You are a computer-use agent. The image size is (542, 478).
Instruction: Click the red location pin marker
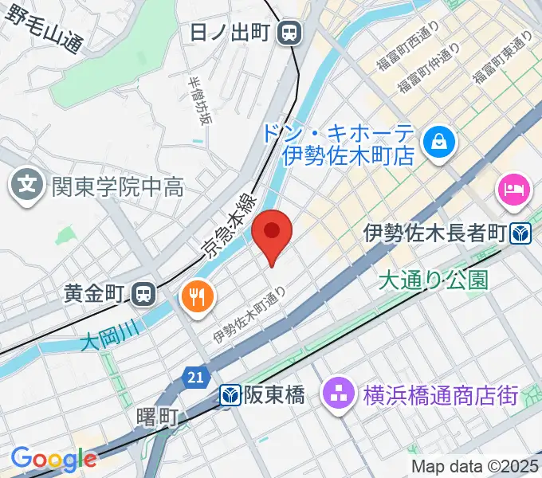pyautogui.click(x=272, y=233)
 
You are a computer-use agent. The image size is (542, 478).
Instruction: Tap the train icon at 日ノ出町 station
pyautogui.click(x=290, y=33)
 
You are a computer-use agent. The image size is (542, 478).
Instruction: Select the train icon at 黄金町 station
pyautogui.click(x=143, y=294)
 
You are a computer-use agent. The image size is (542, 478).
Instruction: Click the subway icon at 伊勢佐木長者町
pyautogui.click(x=520, y=233)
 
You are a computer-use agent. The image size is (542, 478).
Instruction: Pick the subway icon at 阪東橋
pyautogui.click(x=230, y=395)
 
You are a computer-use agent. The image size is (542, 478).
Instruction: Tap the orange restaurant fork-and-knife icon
pyautogui.click(x=196, y=296)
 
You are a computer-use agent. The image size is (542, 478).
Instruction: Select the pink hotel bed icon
pyautogui.click(x=511, y=190)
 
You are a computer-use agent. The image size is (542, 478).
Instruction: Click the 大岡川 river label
pyautogui.click(x=109, y=340)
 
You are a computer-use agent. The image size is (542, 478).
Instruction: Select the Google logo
pyautogui.click(x=53, y=459)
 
